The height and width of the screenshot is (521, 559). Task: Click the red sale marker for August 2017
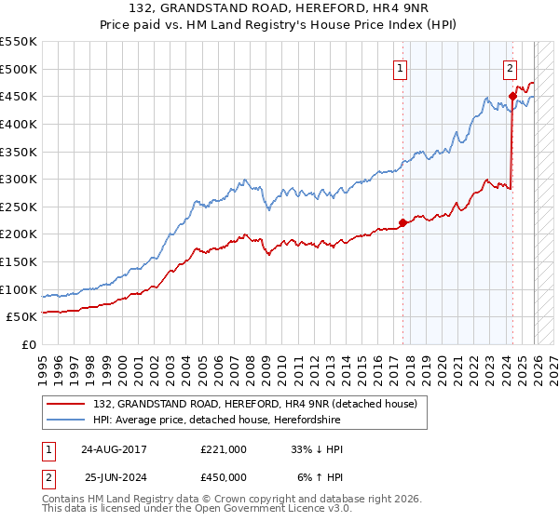[x=402, y=222]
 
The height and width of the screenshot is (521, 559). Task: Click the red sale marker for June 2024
[x=512, y=96]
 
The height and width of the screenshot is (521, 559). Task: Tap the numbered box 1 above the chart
[x=400, y=67]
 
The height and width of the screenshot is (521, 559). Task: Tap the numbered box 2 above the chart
[x=511, y=67]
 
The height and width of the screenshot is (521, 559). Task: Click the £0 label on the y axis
[x=28, y=344]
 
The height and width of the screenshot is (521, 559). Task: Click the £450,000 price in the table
[x=224, y=477]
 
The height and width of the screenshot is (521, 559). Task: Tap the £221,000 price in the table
[x=224, y=449]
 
